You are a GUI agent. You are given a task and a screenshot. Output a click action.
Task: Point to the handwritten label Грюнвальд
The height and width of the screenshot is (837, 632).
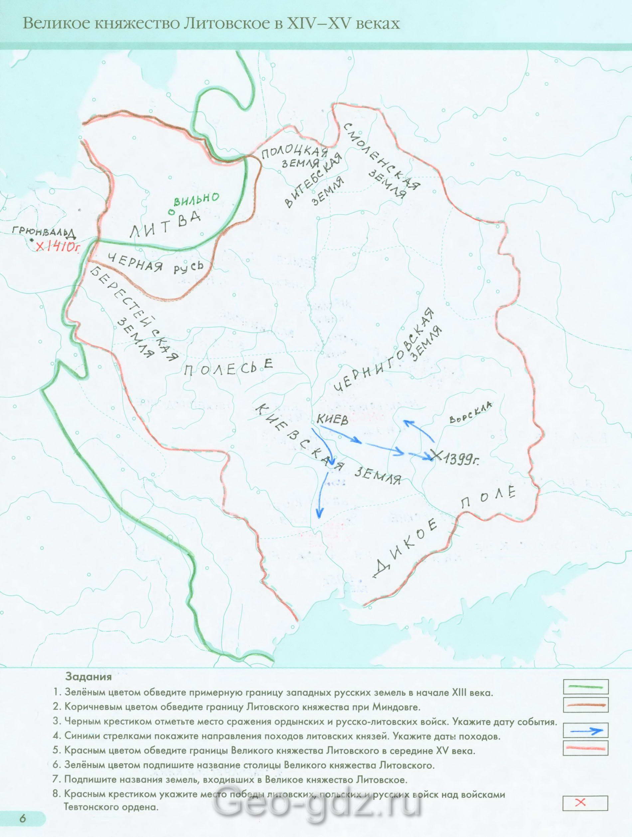point(42,232)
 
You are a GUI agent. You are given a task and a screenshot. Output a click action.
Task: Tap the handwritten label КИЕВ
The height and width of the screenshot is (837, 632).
point(332,420)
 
